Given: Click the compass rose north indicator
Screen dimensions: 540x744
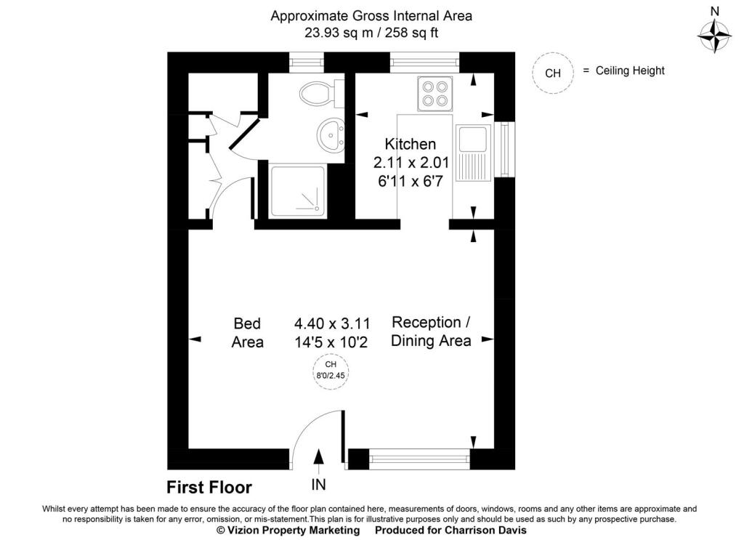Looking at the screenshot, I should [x=713, y=33].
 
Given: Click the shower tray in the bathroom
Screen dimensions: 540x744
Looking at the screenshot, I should [x=298, y=190].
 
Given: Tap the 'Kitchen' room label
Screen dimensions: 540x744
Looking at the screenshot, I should [x=411, y=144].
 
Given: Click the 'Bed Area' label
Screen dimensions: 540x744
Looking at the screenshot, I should [x=247, y=332].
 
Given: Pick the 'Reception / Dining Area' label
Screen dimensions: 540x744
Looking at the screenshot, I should [x=432, y=331].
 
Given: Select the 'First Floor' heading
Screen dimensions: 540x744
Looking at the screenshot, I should [x=209, y=487].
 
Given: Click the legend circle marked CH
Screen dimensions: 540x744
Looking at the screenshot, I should [x=553, y=72].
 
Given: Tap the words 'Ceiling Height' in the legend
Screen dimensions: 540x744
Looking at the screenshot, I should [x=630, y=71].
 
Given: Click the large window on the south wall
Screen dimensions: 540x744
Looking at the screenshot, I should [x=419, y=457].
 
